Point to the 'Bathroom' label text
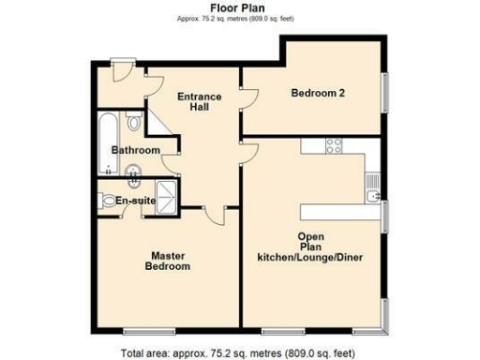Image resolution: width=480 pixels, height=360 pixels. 136,150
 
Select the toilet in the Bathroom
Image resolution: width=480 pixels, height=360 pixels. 134,122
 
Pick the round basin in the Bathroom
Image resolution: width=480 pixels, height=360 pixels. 136,170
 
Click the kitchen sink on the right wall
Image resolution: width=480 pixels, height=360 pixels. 374,195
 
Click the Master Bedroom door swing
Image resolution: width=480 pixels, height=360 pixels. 215,217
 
